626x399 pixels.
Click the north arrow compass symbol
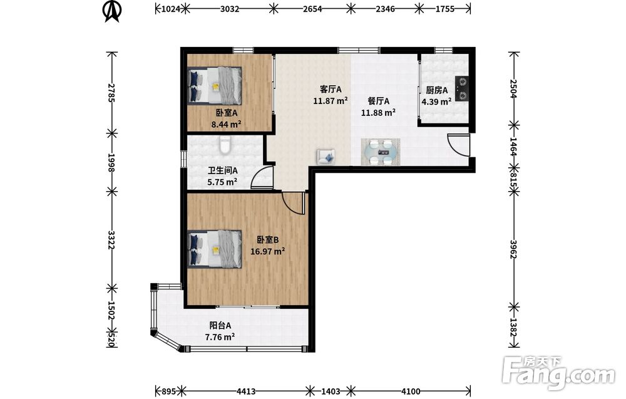tap(112, 11)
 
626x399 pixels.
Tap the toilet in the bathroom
tap(225, 145)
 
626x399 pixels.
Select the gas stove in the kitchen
tap(461, 89)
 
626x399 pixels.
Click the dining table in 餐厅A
tap(381, 152)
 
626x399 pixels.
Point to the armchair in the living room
tap(326, 156)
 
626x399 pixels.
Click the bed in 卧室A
tap(215, 85)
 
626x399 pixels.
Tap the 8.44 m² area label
tap(226, 124)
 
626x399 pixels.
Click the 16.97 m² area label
tap(267, 251)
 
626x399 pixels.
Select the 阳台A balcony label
tap(220, 326)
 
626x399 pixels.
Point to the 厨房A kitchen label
tap(437, 90)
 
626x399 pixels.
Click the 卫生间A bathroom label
tap(223, 170)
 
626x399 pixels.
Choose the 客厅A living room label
tap(331, 89)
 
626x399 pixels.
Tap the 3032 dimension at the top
tap(230, 9)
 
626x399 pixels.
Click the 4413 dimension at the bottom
tap(246, 391)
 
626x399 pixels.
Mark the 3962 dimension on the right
tap(514, 249)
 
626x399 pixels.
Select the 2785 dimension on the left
tap(111, 93)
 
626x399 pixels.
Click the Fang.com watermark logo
tap(558, 373)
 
